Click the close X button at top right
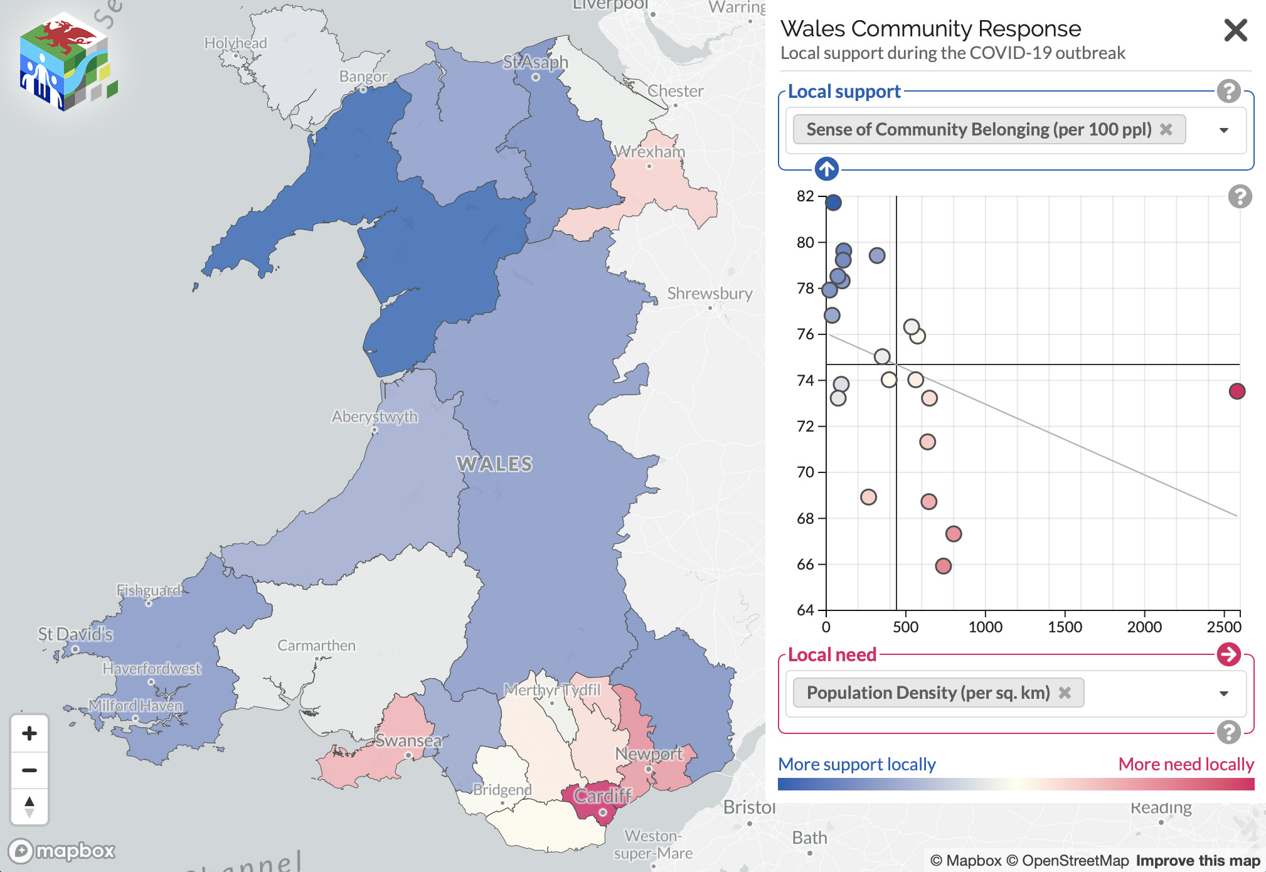tap(1235, 30)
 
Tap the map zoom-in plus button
tap(29, 733)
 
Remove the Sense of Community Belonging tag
tap(1166, 129)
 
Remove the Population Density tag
tap(1065, 693)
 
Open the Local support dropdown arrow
tap(1223, 130)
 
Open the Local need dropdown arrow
tap(1223, 693)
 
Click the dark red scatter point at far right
tap(1237, 391)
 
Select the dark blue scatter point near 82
tap(833, 203)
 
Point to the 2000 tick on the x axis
tap(1144, 627)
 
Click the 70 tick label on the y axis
tap(805, 472)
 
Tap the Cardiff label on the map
tap(602, 796)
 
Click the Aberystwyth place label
tap(375, 417)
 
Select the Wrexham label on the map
tap(649, 152)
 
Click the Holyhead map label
tap(235, 43)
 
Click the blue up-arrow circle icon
tap(826, 169)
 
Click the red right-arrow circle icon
tap(1228, 654)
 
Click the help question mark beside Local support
tap(1228, 92)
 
